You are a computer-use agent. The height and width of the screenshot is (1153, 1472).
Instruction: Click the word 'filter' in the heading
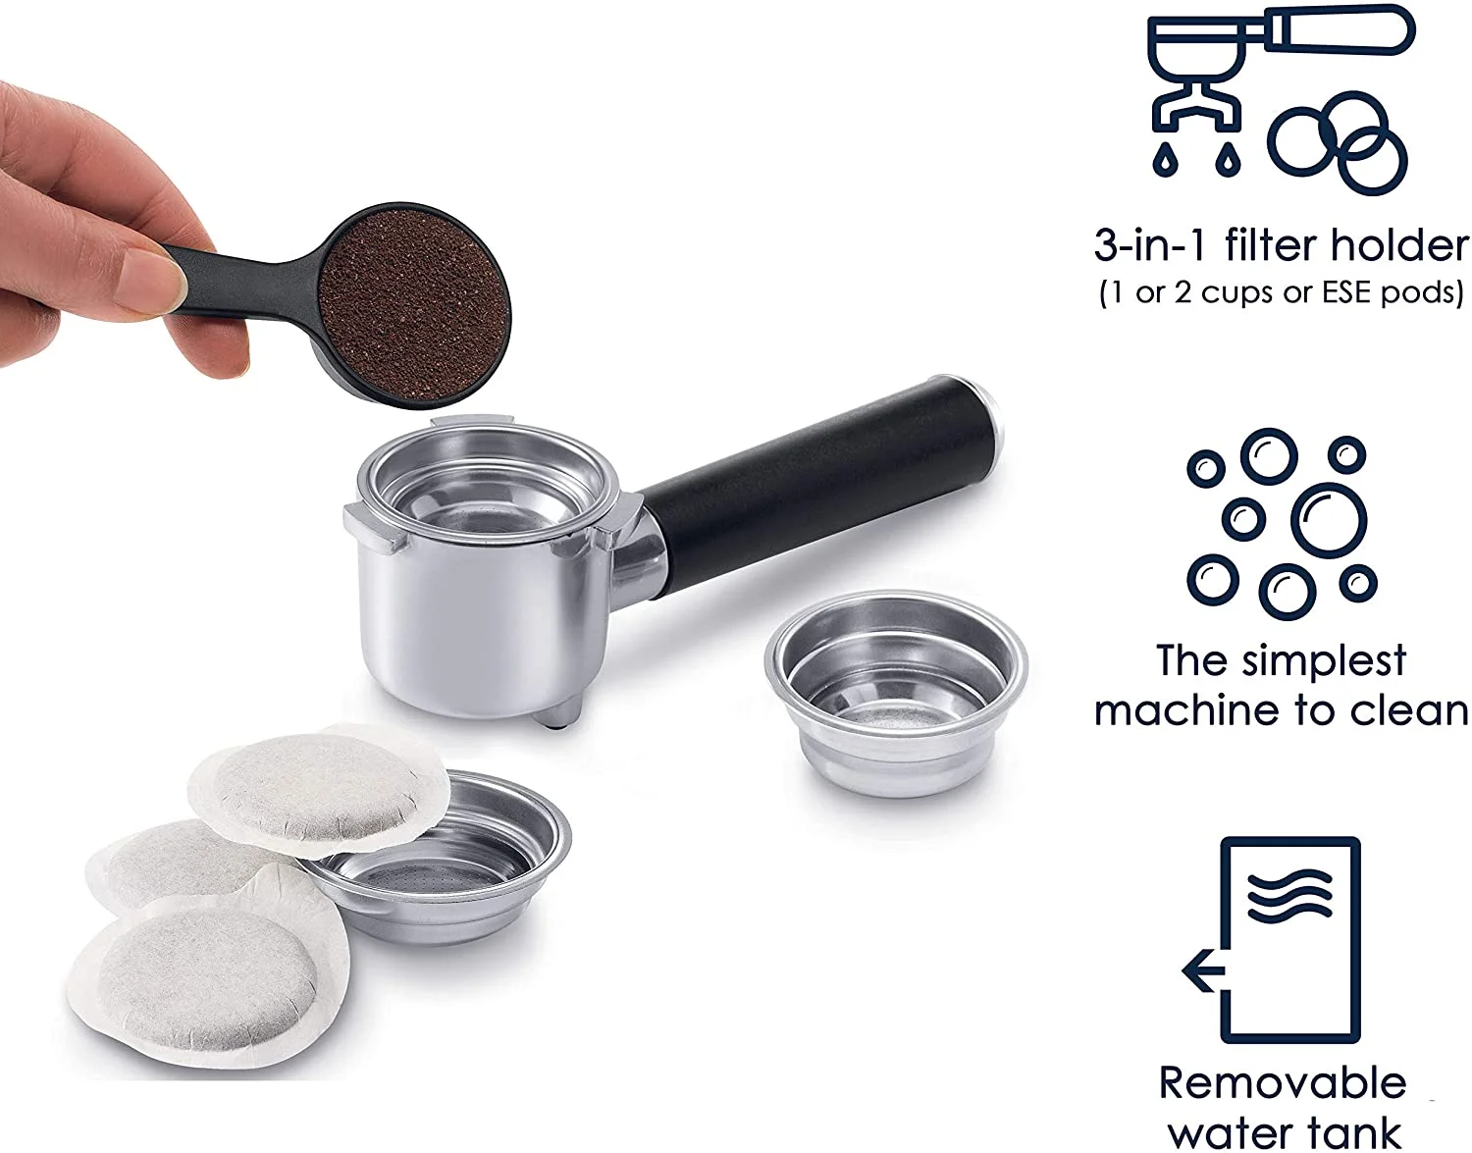(1272, 244)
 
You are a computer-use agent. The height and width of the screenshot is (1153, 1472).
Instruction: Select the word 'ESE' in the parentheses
(1351, 291)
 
